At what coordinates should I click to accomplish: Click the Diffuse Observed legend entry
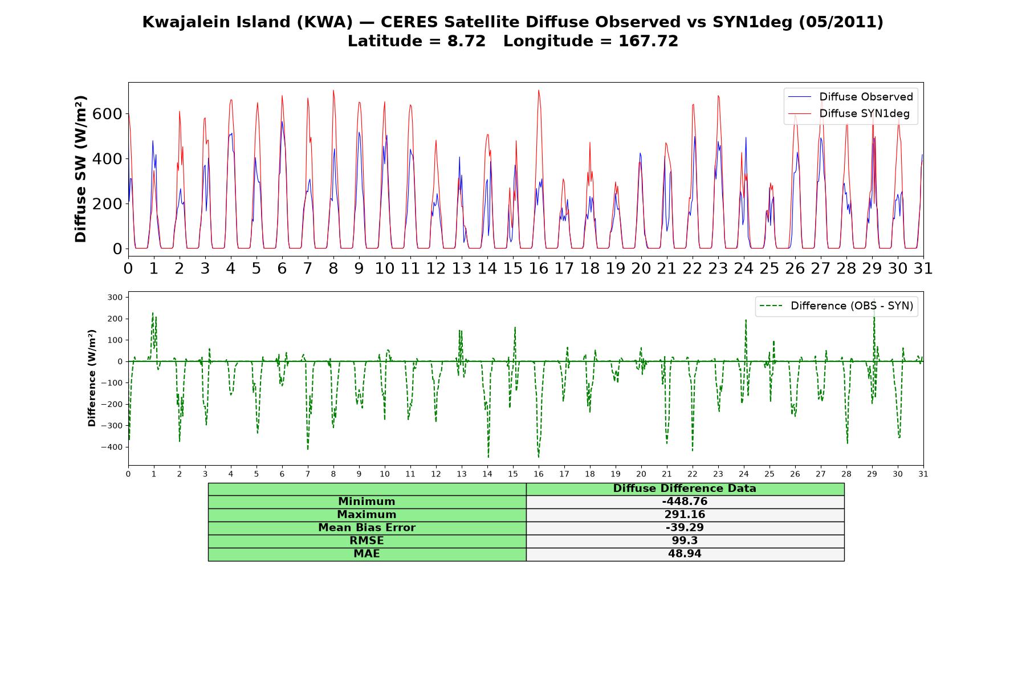tap(850, 97)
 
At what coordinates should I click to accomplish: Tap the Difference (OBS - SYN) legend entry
tap(837, 306)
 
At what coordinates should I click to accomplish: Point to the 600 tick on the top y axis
tap(107, 114)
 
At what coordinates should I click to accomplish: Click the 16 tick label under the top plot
tap(539, 268)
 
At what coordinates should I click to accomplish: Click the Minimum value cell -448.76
tap(685, 502)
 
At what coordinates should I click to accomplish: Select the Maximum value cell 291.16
tap(685, 515)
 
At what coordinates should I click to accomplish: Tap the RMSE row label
tap(367, 541)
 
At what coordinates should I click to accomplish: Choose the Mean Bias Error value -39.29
tap(685, 528)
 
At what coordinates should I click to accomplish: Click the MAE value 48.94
tap(685, 554)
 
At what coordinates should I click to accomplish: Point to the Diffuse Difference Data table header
tap(685, 488)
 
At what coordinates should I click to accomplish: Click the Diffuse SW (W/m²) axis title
tap(80, 169)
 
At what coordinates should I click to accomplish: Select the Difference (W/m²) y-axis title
tap(92, 378)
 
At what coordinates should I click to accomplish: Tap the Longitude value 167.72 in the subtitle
tap(648, 41)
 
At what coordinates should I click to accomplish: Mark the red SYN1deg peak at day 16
tap(538, 90)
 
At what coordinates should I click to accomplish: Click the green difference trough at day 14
tap(488, 457)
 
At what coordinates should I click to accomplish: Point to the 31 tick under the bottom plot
tap(923, 474)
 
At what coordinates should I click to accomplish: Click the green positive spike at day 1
tap(153, 313)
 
